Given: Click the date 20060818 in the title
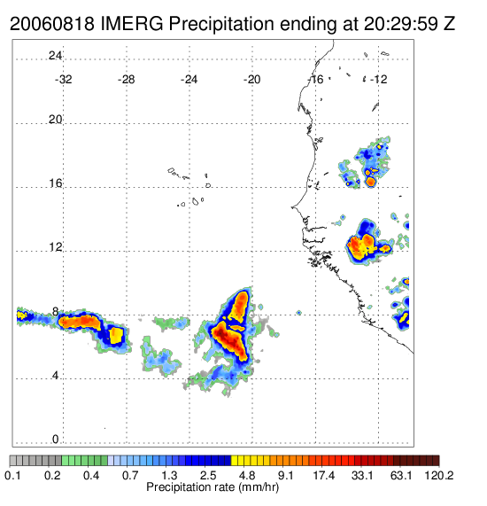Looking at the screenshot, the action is pos(52,24).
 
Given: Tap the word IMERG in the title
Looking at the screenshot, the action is pos(132,24).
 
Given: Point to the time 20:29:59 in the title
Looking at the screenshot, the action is pos(401,24).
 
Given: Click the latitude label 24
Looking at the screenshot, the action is pos(55,56).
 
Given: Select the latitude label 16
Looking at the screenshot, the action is pos(55,183).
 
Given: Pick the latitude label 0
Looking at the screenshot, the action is pos(56,440).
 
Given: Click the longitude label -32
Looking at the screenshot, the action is pos(63,80).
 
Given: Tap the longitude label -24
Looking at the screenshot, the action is pos(189,80).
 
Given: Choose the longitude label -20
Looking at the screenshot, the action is pos(251,80).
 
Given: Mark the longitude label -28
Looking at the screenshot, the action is pos(126,80).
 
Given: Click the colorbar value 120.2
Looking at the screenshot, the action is pos(439,475).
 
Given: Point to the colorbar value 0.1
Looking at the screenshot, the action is pos(13,475).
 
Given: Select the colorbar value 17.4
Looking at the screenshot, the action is pos(324,475).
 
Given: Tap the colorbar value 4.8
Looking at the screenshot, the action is pos(247,475).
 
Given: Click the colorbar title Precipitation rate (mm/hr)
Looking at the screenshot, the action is pos(213,487).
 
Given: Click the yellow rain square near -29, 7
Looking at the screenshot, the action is pos(116,335).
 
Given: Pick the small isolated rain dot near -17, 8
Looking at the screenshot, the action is pos(299,313).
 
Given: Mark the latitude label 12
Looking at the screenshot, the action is pos(55,247).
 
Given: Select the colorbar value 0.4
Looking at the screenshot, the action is pos(91,475).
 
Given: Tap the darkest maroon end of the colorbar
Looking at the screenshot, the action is pos(436,460).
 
